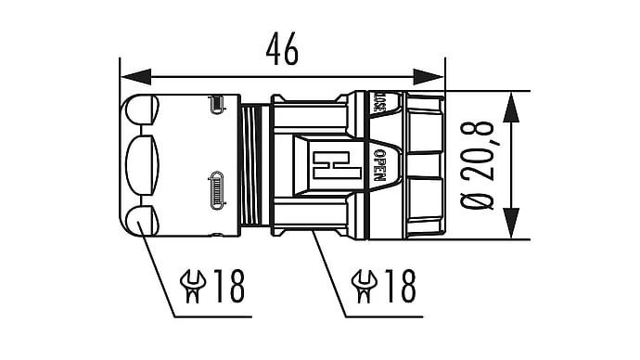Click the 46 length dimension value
[283, 49]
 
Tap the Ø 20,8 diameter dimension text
[477, 165]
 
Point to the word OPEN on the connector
[379, 165]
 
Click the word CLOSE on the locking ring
[378, 102]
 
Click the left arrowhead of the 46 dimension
[135, 77]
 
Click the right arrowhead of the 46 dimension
[429, 77]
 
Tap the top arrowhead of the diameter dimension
[511, 107]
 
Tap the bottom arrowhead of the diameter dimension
[511, 223]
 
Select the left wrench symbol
[193, 286]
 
